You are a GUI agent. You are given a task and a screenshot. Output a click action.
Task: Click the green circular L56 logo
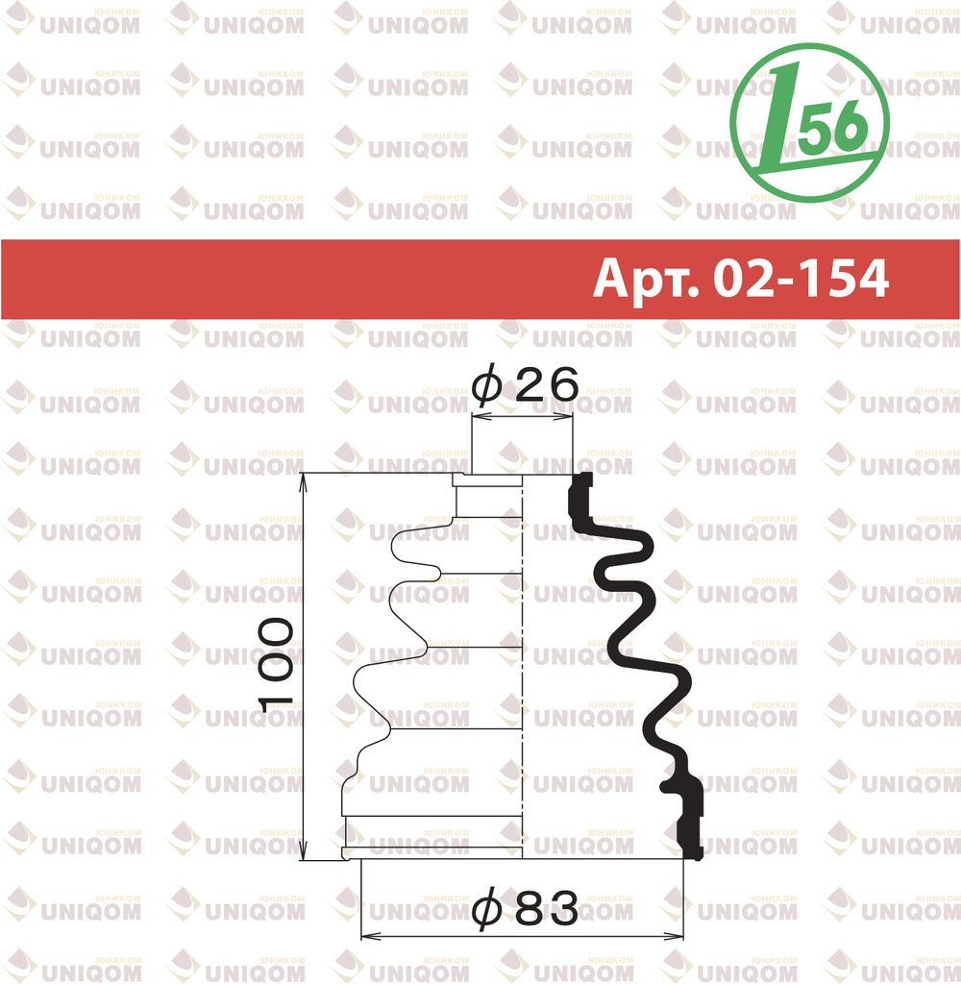pyautogui.click(x=810, y=123)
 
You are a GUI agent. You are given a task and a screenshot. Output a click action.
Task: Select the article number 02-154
pyautogui.click(x=801, y=278)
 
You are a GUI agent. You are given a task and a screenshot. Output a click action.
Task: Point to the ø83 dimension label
pyautogui.click(x=525, y=907)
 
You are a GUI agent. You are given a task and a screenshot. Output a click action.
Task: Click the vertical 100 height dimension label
pyautogui.click(x=275, y=665)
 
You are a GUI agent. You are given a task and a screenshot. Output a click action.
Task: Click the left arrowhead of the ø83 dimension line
pyautogui.click(x=370, y=937)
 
